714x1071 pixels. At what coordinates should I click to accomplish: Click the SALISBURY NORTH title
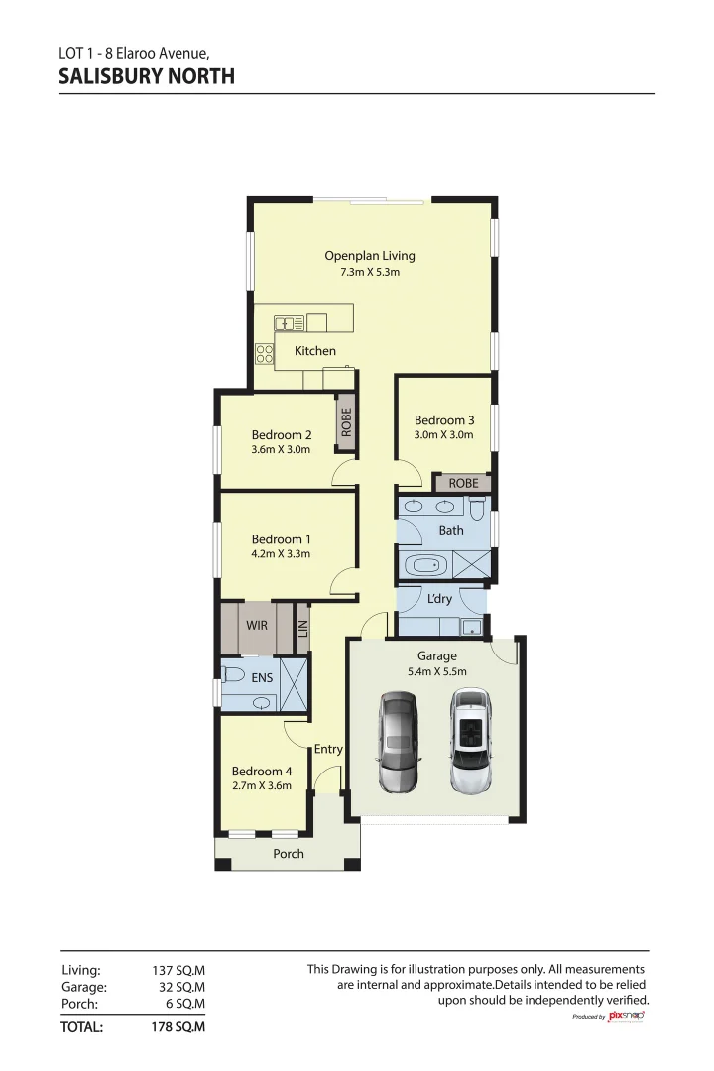[147, 76]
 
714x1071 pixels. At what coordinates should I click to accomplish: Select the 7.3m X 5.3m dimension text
[363, 272]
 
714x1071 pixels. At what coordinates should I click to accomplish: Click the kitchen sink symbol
[290, 322]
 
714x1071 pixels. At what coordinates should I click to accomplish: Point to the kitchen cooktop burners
[264, 354]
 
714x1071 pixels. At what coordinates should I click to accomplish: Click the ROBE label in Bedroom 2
[346, 422]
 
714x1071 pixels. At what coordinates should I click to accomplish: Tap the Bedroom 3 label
[443, 420]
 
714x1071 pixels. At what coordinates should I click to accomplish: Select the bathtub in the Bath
[426, 566]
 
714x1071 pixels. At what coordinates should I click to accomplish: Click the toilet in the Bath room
[477, 510]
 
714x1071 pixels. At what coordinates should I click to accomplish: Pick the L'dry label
[439, 599]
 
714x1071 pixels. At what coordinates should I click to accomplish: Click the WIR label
[257, 626]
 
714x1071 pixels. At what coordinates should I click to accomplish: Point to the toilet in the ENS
[234, 675]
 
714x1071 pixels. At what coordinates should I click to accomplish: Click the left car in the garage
[397, 743]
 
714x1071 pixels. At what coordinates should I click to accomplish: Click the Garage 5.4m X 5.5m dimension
[437, 671]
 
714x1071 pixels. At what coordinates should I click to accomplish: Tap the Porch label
[289, 854]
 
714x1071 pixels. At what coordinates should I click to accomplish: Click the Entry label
[328, 750]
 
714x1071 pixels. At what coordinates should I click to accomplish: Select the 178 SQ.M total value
[178, 1027]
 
